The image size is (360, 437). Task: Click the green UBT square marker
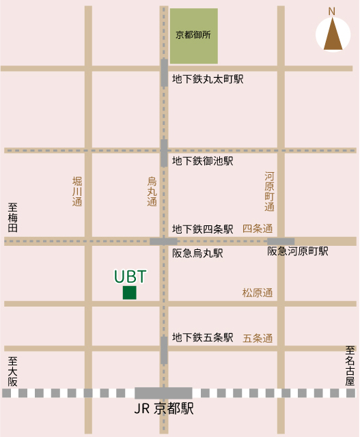pos(129,293)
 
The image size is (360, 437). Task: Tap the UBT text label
pos(130,277)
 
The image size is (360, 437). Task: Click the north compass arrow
pos(333,35)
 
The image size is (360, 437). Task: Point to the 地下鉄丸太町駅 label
pos(208,79)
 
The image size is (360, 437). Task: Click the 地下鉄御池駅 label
pos(203,161)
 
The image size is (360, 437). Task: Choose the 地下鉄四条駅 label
pos(203,229)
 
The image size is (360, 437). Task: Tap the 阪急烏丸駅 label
pos(198,253)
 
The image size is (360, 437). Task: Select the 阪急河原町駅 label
pos(298,251)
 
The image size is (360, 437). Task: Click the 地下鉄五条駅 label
pos(203,337)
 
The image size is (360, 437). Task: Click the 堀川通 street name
pos(77,191)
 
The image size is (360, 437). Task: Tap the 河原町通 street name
pos(269,191)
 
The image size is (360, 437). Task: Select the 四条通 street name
pos(258,229)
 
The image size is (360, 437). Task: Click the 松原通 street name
pos(258,293)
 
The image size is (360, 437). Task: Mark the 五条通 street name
pos(258,338)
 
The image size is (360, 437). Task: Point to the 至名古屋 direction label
pos(350,365)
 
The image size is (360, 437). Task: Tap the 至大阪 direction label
pos(12,371)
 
